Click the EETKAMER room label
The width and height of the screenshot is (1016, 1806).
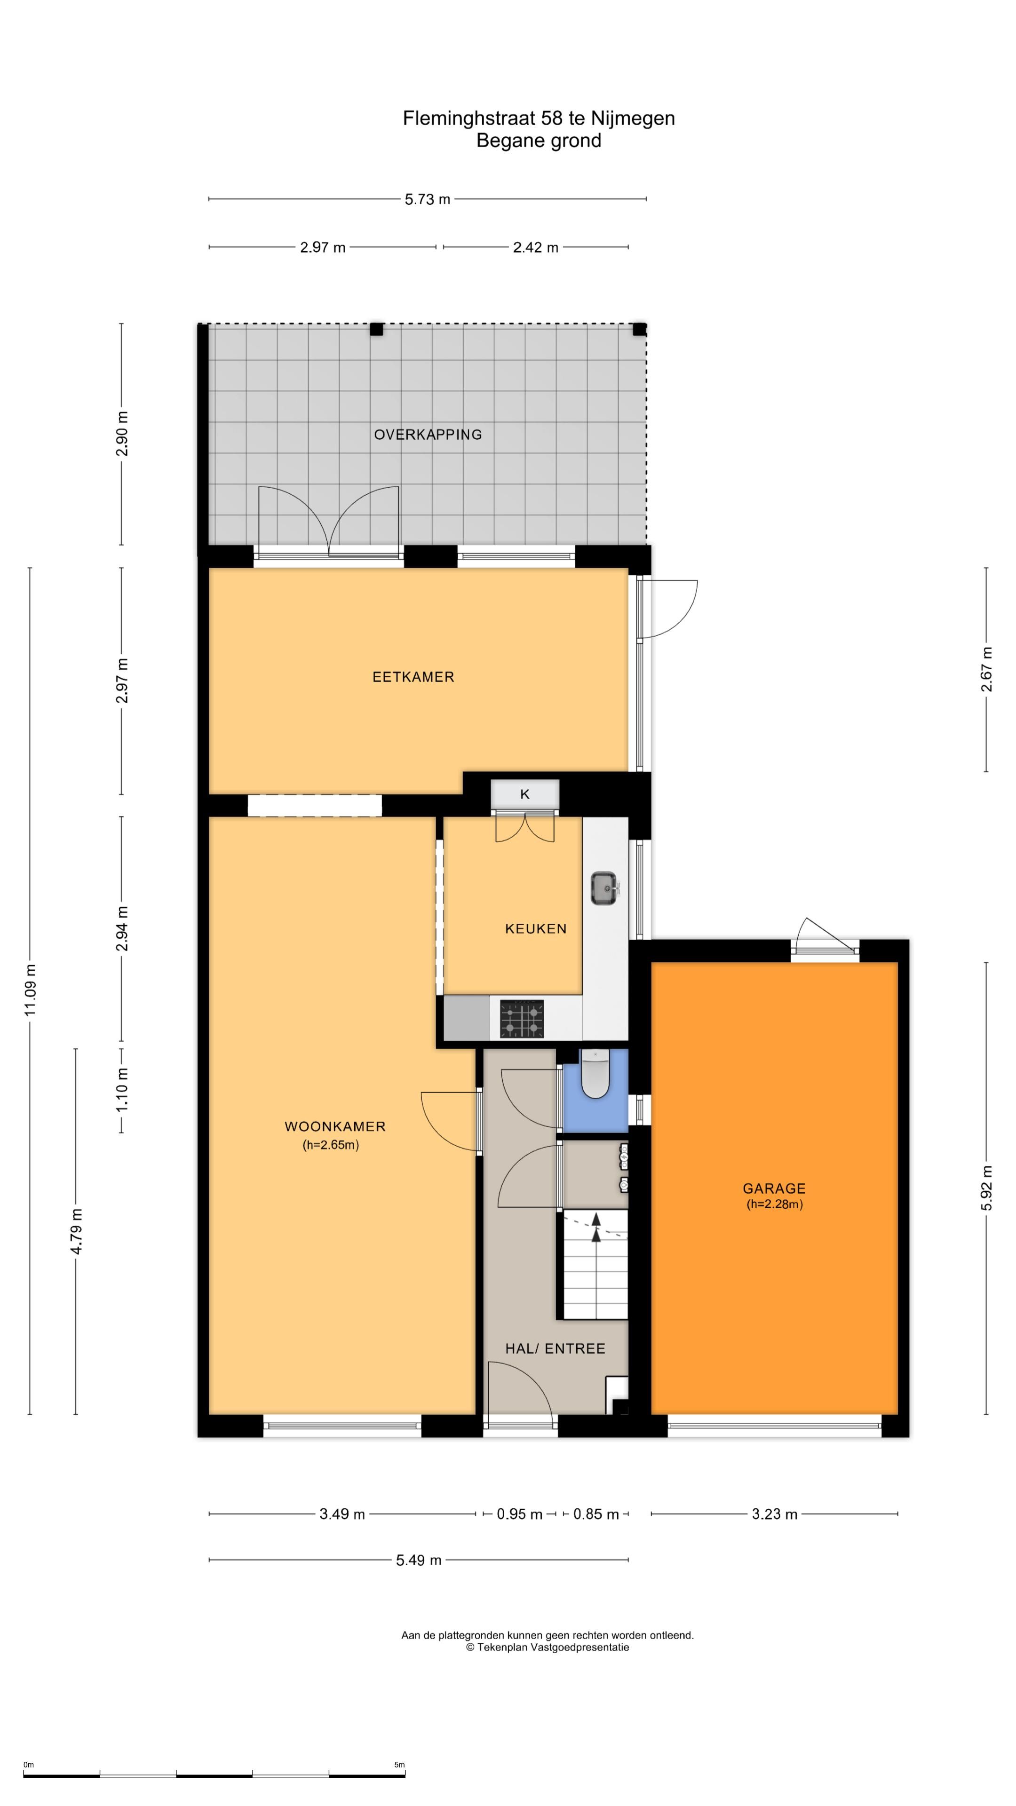tap(413, 677)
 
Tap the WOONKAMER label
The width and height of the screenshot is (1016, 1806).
tap(335, 1127)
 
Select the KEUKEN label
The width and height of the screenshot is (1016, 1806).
tap(536, 929)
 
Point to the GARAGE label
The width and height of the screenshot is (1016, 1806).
tap(774, 1188)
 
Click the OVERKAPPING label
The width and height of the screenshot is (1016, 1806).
tap(428, 435)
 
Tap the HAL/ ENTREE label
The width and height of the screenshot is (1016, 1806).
tap(556, 1348)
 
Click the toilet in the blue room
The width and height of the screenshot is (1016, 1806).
tap(595, 1073)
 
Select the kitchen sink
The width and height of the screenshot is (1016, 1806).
tap(603, 889)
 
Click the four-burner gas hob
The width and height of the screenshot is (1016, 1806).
tap(522, 1019)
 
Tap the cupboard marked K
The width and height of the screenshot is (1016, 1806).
tap(524, 794)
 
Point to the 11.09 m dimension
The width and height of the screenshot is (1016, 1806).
tap(30, 989)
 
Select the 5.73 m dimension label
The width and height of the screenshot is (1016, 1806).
tap(428, 199)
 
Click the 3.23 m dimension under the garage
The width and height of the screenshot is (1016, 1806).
tap(775, 1514)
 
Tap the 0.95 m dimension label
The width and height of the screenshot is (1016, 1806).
tap(520, 1514)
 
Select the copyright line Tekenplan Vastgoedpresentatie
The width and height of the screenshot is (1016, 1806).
tap(548, 1648)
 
